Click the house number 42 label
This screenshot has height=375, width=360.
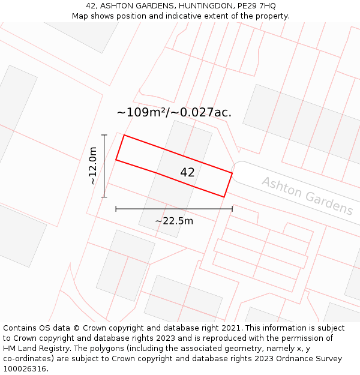click(x=187, y=172)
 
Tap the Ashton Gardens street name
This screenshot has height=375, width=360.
click(x=307, y=196)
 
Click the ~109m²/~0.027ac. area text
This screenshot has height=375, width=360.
click(x=174, y=112)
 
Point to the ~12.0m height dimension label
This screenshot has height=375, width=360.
click(x=93, y=166)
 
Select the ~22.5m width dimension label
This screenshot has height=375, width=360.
click(x=174, y=221)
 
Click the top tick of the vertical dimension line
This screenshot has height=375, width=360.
click(x=104, y=135)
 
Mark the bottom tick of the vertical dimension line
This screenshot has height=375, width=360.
click(x=104, y=196)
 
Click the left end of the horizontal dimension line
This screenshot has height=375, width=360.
click(x=116, y=209)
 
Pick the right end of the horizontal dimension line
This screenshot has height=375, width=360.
click(x=232, y=209)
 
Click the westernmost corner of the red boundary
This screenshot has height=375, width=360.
click(x=116, y=160)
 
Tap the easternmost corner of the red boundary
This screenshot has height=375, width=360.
click(x=232, y=173)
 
